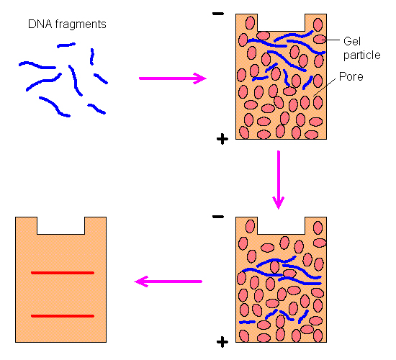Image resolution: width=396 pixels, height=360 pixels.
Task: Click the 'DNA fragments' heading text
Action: point(67,24)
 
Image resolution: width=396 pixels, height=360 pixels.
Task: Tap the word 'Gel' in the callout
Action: point(352,41)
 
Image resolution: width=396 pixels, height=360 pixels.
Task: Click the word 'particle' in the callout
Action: point(362,55)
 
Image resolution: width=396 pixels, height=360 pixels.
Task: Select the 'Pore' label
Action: point(351,76)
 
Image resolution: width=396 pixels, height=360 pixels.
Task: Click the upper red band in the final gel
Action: point(63,273)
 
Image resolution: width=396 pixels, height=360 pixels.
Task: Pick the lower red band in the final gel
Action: point(63,316)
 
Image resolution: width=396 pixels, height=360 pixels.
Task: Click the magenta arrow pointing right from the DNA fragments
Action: point(173,78)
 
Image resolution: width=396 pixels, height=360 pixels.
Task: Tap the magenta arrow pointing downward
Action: point(279,180)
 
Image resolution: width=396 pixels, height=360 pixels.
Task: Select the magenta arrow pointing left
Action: point(168,282)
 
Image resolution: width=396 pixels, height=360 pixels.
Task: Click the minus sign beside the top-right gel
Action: point(218,14)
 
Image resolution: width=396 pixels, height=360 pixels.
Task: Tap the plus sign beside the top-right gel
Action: point(222,139)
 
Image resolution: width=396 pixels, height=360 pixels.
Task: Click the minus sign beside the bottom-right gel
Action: point(218,217)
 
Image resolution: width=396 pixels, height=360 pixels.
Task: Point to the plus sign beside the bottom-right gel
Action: point(222,342)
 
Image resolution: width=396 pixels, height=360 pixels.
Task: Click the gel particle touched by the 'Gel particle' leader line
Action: point(320,40)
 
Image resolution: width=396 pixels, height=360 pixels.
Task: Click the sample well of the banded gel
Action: point(61,225)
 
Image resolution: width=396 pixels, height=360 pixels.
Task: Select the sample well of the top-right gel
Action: point(281,22)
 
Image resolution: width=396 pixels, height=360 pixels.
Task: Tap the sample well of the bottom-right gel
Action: point(281,225)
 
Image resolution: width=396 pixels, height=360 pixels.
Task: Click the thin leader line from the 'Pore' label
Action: point(325,87)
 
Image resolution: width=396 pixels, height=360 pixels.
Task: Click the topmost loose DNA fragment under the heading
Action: point(66,45)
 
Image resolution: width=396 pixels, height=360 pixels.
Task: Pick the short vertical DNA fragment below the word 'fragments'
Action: point(92,56)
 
